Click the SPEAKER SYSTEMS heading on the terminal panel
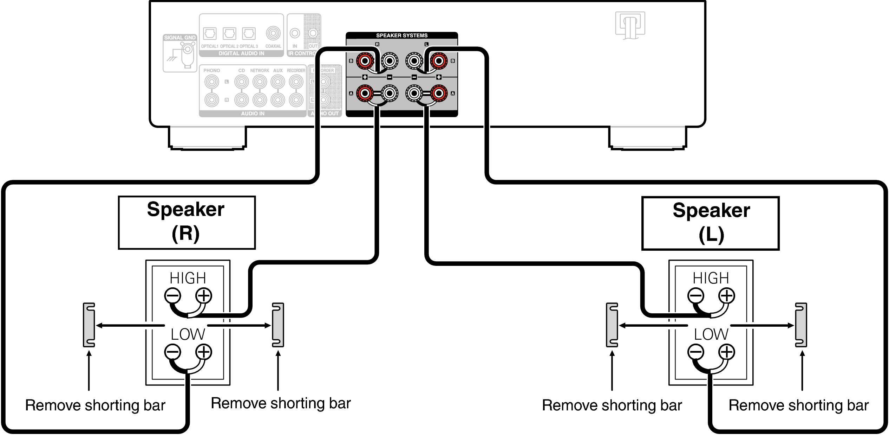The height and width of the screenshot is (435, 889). coord(401,36)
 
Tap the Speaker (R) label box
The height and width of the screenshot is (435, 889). coord(187,223)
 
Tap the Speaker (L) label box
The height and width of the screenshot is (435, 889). coord(710,223)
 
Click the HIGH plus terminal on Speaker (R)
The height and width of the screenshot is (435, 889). coord(204,295)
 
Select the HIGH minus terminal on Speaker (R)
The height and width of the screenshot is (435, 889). coord(172,295)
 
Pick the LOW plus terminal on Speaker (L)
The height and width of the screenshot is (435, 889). coord(726,352)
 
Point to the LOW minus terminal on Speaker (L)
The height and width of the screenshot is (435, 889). coord(695,352)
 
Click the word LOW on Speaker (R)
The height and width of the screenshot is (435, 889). coord(188,334)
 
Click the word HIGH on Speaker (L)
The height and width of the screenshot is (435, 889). coord(711,278)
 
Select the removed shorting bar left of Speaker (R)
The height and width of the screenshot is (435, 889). coord(89,325)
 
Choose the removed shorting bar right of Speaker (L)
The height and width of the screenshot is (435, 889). coord(801,325)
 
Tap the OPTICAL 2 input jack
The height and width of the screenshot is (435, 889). coord(229,34)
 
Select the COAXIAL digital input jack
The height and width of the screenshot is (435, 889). coord(273,33)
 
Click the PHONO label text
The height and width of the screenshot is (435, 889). coord(211,71)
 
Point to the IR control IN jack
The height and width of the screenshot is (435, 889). coord(295,33)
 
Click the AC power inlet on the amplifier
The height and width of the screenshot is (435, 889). coord(630,25)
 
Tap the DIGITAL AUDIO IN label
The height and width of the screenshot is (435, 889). coord(241,53)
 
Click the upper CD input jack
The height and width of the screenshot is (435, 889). coord(241,82)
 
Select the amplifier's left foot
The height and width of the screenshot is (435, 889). coord(207,138)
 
